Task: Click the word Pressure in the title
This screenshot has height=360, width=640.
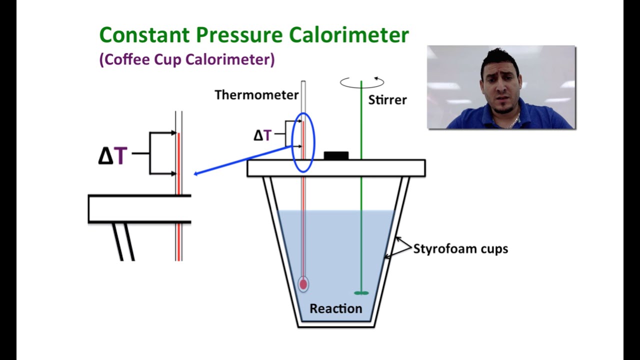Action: [239, 35]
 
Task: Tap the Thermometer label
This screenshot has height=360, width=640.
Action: [256, 95]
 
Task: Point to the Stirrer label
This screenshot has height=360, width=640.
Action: [387, 100]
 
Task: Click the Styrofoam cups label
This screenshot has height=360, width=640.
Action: [460, 249]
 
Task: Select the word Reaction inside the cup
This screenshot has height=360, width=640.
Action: [336, 308]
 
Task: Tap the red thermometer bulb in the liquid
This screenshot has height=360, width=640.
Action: [303, 284]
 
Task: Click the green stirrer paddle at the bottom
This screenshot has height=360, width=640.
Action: [361, 293]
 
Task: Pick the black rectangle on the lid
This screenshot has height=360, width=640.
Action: [336, 155]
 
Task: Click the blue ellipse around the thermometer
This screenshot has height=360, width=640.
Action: [291, 143]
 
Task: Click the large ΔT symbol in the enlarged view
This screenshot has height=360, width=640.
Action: [112, 155]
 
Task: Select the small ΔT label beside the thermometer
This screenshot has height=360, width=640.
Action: [262, 135]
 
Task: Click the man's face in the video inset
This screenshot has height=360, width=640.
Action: [500, 83]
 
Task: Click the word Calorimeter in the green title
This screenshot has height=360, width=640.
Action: [349, 35]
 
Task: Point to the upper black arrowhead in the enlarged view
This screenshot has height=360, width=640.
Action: [173, 133]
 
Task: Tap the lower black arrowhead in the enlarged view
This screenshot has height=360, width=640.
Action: [173, 173]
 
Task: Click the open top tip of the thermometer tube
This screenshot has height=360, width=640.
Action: [303, 81]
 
